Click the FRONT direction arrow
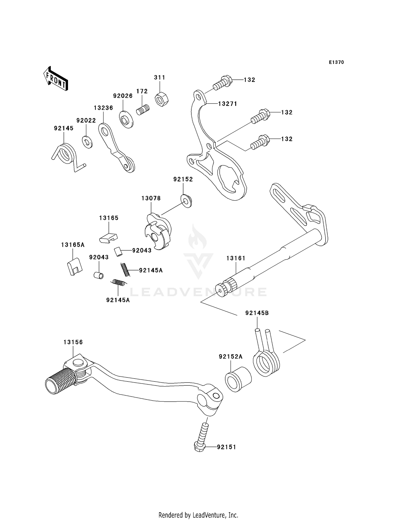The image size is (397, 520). tap(56, 79)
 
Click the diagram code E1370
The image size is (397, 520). tap(336, 62)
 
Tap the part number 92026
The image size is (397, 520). tap(123, 96)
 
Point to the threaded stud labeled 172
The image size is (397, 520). tap(143, 109)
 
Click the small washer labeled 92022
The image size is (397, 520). tap(87, 142)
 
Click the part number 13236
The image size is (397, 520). tap(103, 108)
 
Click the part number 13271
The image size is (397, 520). tap(227, 104)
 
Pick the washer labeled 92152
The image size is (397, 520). tap(187, 201)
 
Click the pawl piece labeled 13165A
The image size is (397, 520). tap(74, 266)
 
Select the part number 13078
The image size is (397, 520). tap(151, 198)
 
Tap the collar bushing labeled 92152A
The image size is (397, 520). tap(238, 379)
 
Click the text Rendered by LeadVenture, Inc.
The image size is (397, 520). tap(198, 514)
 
